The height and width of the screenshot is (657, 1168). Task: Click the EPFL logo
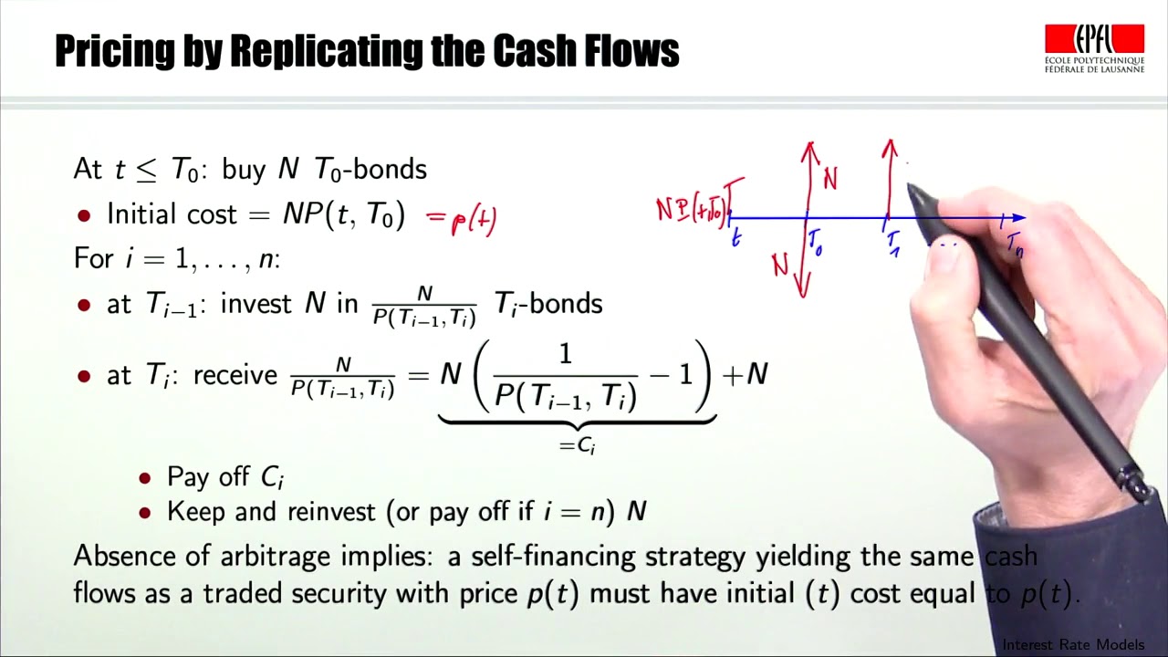(1094, 48)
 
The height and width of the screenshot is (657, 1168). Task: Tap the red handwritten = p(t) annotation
(462, 220)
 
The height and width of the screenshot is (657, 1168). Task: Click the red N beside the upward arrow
(829, 179)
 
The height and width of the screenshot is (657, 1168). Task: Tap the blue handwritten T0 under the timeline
(815, 243)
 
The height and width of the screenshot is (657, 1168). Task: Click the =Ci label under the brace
(577, 446)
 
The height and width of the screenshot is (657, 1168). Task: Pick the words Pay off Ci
(226, 478)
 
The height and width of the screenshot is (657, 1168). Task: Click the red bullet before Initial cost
(85, 216)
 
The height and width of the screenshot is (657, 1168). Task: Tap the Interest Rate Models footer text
(1073, 645)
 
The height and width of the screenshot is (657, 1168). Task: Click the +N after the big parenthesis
(746, 374)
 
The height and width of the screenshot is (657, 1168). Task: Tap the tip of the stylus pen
(910, 190)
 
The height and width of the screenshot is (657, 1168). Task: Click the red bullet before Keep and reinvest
(144, 513)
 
